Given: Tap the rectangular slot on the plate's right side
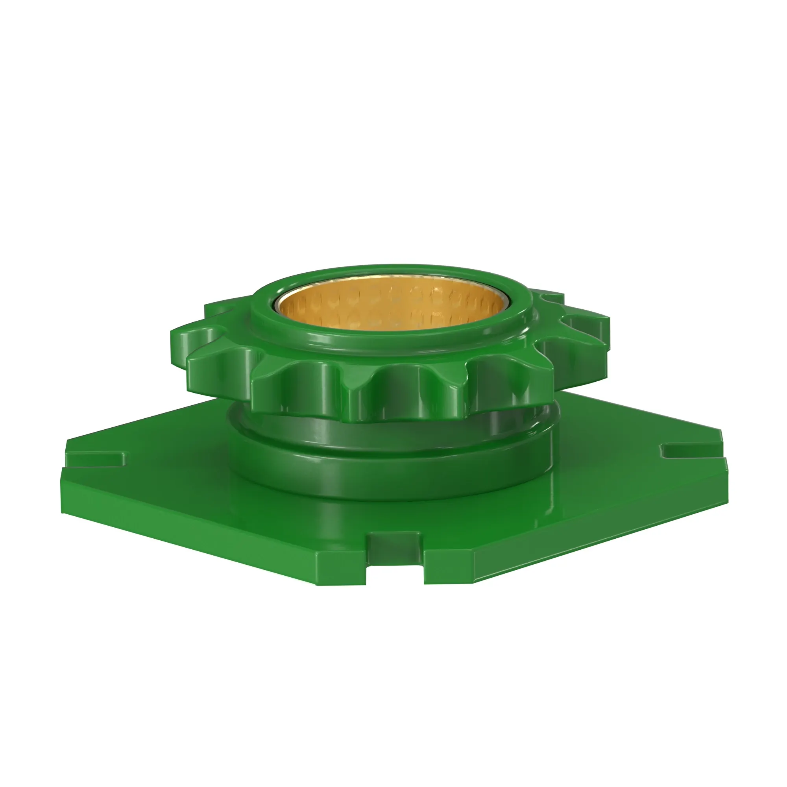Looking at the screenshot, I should (688, 450).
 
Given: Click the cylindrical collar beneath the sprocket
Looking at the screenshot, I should (391, 473).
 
